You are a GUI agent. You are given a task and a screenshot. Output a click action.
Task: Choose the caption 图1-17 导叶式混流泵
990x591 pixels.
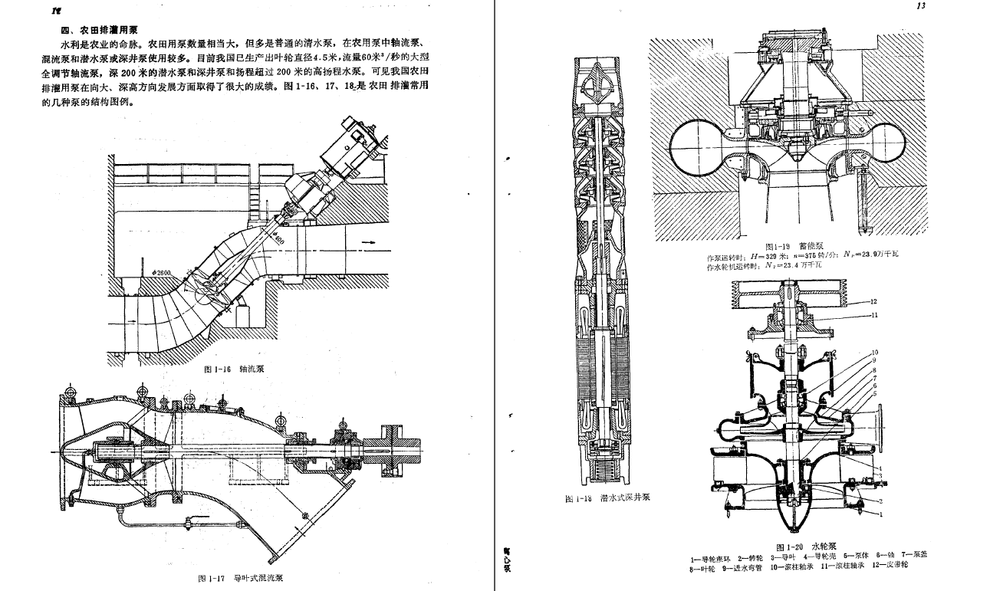[x=241, y=578]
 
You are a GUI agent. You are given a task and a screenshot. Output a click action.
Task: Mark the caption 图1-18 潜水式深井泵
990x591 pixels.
[x=607, y=498]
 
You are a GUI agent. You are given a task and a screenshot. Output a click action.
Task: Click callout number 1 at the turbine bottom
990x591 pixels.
[x=860, y=515]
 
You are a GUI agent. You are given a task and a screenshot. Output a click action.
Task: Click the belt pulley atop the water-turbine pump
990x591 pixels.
[x=790, y=292]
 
